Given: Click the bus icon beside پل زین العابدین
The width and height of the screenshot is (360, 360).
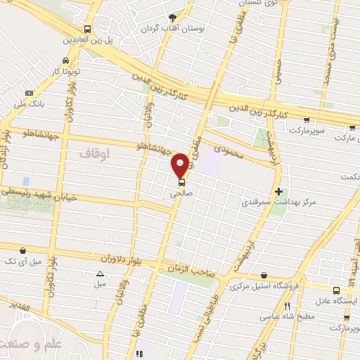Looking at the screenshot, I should pos(86,29).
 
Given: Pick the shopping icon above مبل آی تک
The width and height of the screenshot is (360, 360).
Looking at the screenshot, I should pos(24,250).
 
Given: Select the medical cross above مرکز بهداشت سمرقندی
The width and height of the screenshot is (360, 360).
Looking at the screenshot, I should pos(280,191).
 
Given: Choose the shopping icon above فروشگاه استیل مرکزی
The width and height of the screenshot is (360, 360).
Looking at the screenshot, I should pos(264,275).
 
